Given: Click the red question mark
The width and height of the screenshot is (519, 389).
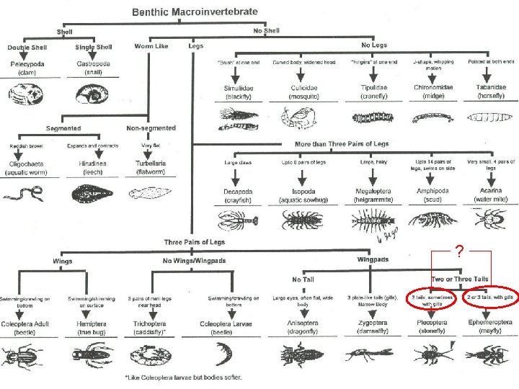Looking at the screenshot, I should [459, 252].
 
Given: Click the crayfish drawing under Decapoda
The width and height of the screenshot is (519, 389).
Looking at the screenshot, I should [235, 219].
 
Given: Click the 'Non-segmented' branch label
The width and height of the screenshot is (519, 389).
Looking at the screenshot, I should [150, 128].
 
